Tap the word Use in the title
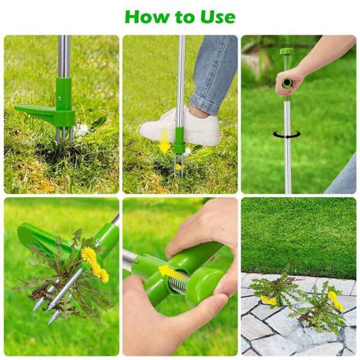215,16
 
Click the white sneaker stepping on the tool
181,127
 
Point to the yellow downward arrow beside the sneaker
164,145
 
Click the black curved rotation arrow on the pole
287,135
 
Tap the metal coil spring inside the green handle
180,283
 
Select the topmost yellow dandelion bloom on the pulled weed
89,254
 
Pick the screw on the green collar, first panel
59,98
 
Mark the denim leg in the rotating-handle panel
345,177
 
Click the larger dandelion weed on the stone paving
318,306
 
